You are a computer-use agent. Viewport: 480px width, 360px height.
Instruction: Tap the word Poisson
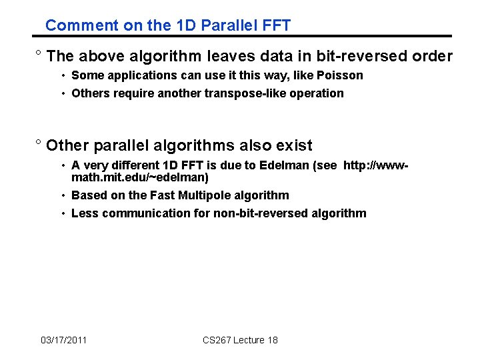[x=340, y=75]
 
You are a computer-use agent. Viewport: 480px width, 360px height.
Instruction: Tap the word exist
[x=293, y=145]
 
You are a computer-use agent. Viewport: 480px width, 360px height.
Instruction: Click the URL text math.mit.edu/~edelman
[x=140, y=178]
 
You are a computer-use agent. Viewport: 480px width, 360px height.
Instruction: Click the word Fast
[x=177, y=195]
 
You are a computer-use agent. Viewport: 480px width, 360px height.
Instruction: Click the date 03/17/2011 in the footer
[x=63, y=340]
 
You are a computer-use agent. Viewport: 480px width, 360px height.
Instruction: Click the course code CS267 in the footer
[x=216, y=340]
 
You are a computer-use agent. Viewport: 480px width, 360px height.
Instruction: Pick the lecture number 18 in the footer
[x=272, y=340]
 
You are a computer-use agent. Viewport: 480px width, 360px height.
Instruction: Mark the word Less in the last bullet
[x=83, y=213]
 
